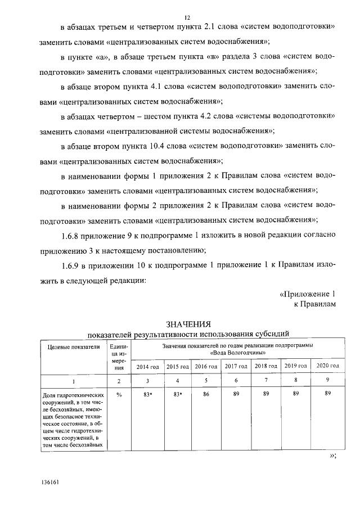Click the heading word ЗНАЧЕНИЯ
click(x=187, y=324)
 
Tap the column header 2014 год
click(x=148, y=367)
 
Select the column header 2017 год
click(x=236, y=367)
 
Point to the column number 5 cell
click(x=206, y=381)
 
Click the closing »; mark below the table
click(x=332, y=456)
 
